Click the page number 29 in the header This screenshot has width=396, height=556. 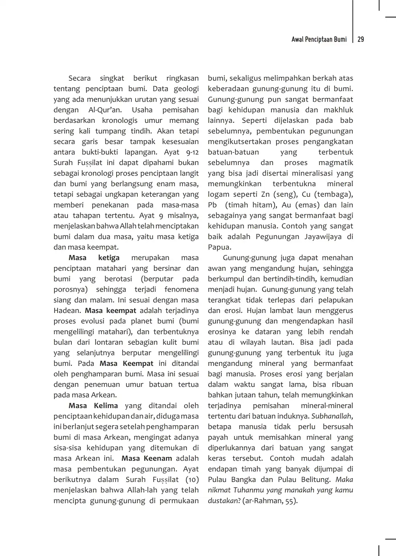click(x=361, y=39)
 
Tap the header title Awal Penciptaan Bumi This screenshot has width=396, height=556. click(x=319, y=39)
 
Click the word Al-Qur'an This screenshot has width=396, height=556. click(x=105, y=110)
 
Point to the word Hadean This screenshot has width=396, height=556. click(x=67, y=311)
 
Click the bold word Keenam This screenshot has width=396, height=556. click(x=158, y=459)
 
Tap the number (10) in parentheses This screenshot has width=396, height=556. click(x=192, y=480)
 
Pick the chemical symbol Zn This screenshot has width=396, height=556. click(x=265, y=195)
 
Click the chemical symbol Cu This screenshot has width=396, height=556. click(x=306, y=195)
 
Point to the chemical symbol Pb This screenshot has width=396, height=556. click(x=212, y=205)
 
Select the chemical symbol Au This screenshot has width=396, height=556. click(x=286, y=205)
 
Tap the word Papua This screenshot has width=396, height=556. click(x=219, y=247)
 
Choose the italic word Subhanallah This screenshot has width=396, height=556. click(x=331, y=416)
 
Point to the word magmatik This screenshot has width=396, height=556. click(x=336, y=163)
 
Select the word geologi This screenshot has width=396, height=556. click(x=186, y=89)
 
